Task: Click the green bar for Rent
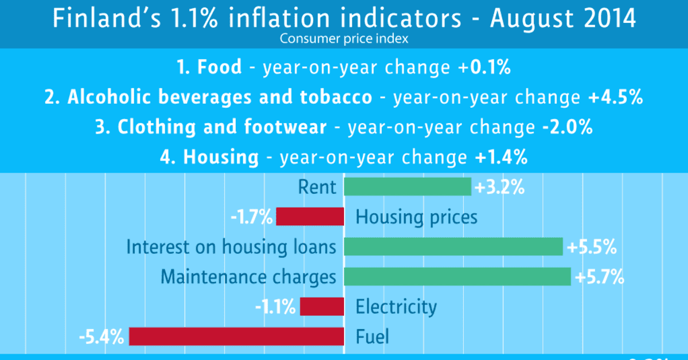pyautogui.click(x=407, y=187)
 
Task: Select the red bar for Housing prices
pyautogui.click(x=310, y=217)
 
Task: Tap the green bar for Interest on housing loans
pyautogui.click(x=453, y=247)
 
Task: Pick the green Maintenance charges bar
pyautogui.click(x=457, y=277)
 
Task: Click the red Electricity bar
pyautogui.click(x=322, y=307)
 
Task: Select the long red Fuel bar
pyautogui.click(x=236, y=336)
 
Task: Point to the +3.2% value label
pyautogui.click(x=499, y=187)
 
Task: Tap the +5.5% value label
pyautogui.click(x=591, y=247)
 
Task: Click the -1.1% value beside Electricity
pyautogui.click(x=276, y=307)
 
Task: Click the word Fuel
pyautogui.click(x=372, y=336)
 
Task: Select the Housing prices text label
pyautogui.click(x=416, y=217)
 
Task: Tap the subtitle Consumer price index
pyautogui.click(x=343, y=39)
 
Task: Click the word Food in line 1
pyautogui.click(x=219, y=68)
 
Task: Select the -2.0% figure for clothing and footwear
pyautogui.click(x=566, y=127)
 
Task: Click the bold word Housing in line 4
pyautogui.click(x=220, y=157)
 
